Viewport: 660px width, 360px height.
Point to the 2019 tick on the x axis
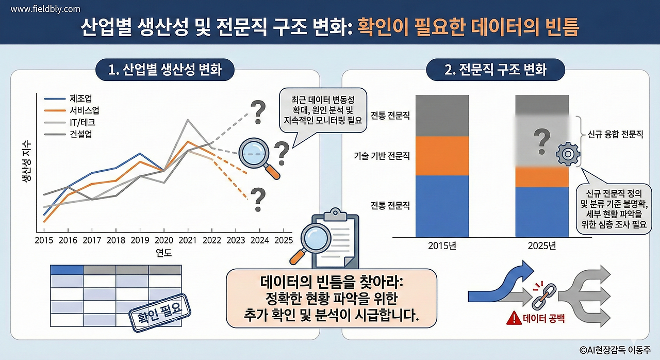click(139, 240)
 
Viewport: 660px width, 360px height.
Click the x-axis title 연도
click(163, 253)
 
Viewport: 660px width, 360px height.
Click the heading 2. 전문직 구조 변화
click(496, 70)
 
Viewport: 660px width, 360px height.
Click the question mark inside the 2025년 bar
click(541, 141)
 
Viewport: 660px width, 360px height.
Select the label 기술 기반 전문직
click(382, 155)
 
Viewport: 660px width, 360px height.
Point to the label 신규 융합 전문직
click(616, 135)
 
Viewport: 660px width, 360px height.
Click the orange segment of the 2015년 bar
click(442, 156)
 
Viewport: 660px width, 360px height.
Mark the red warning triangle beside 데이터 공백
click(514, 318)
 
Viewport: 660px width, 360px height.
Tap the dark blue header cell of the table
click(67, 270)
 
